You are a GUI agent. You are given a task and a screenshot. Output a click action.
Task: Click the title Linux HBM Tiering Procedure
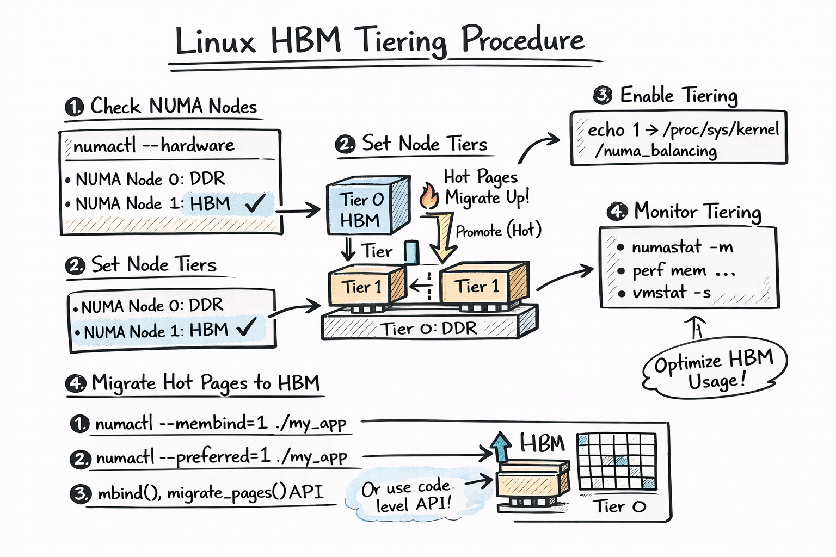pyautogui.click(x=379, y=41)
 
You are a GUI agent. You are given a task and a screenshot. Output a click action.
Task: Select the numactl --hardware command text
pyautogui.click(x=154, y=145)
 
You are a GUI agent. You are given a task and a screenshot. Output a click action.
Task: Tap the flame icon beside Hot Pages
pyautogui.click(x=429, y=196)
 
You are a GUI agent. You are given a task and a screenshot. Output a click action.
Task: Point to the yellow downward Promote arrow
pyautogui.click(x=444, y=237)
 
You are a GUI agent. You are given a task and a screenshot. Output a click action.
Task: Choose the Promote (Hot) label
pyautogui.click(x=498, y=231)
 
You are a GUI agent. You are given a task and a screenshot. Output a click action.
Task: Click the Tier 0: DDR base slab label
pyautogui.click(x=428, y=329)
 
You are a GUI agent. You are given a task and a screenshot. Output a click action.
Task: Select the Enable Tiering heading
pyautogui.click(x=678, y=96)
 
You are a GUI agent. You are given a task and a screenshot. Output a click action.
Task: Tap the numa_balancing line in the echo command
pyautogui.click(x=655, y=151)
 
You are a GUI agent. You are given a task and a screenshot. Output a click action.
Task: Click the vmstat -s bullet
pyautogui.click(x=671, y=293)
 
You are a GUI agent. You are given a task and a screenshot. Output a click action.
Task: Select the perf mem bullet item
pyautogui.click(x=683, y=270)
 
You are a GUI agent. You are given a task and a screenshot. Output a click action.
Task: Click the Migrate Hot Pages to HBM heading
pyautogui.click(x=205, y=383)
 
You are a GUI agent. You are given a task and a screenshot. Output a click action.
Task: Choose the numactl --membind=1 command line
pyautogui.click(x=220, y=423)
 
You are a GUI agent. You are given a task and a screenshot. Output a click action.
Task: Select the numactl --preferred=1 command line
pyautogui.click(x=221, y=457)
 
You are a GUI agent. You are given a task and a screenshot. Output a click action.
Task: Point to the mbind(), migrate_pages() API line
pyautogui.click(x=210, y=493)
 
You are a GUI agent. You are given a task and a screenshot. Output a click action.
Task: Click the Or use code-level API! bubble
pyautogui.click(x=406, y=496)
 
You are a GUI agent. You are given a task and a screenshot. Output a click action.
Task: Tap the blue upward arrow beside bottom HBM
pyautogui.click(x=500, y=447)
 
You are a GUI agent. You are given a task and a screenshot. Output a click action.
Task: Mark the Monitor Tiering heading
pyautogui.click(x=697, y=211)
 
